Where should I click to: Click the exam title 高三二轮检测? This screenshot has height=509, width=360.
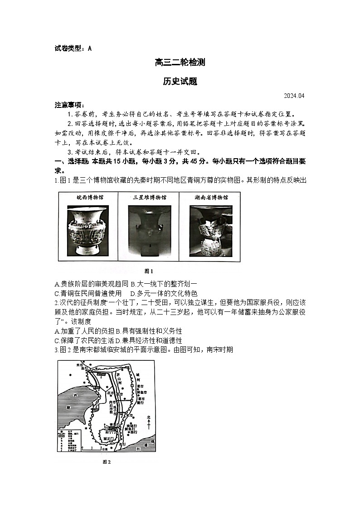point(180,63)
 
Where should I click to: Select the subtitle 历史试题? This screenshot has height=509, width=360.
point(180,82)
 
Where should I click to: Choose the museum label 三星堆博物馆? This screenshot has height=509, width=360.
point(149,198)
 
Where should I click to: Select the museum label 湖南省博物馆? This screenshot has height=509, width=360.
point(210,198)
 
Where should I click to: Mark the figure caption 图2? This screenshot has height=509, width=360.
point(107,462)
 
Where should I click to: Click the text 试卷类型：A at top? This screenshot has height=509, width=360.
point(73,48)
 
